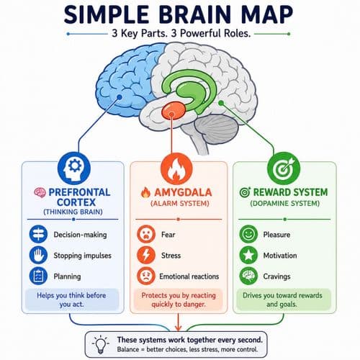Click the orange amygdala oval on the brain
pos(174,110)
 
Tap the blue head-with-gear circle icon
pos(74,168)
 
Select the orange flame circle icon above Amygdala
pos(176,168)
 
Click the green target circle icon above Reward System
pos(284,168)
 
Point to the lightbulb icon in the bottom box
pos(101,344)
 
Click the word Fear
pos(168,235)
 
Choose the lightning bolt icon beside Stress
pos(146,255)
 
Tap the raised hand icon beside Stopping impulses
pos(38,255)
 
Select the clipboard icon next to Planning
pos(38,276)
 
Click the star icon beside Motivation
pos(248,255)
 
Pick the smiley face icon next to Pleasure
pos(248,234)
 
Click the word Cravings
pos(276,276)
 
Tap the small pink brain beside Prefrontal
pos(40,192)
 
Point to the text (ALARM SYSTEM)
pos(180,204)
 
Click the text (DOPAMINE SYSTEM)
pos(285,204)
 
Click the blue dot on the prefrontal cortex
pos(120,97)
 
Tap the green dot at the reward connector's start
pos(221,103)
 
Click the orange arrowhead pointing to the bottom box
pos(178,328)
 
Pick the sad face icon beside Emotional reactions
pos(146,276)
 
